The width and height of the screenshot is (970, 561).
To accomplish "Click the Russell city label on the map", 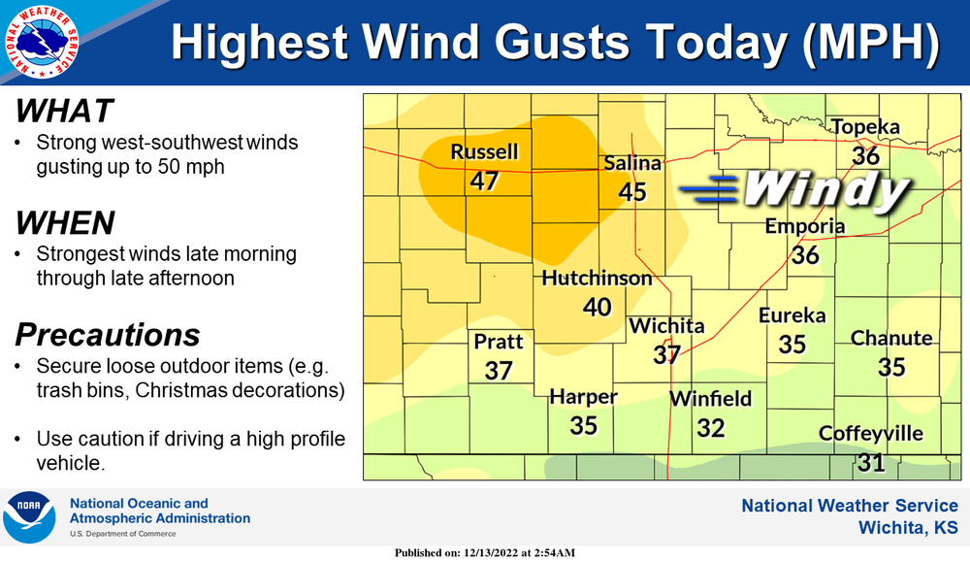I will [x=484, y=152].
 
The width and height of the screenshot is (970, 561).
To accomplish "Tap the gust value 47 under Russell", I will [x=484, y=181].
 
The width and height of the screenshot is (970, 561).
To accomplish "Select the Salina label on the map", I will [x=632, y=163].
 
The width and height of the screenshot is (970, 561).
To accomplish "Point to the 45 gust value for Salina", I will [x=632, y=191].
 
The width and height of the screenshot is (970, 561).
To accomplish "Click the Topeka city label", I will [x=865, y=127].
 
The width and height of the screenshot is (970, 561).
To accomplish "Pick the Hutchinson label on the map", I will [x=597, y=279].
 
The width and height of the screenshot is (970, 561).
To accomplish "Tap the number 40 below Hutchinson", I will [x=597, y=307].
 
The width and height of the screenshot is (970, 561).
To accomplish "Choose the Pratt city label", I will [x=499, y=342].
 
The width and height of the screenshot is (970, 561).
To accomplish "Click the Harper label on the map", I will [x=583, y=397].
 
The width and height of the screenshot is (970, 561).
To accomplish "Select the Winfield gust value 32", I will [x=711, y=427].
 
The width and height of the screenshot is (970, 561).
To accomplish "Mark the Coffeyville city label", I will [x=871, y=434].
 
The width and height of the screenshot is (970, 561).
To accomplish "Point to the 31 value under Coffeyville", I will [x=871, y=462].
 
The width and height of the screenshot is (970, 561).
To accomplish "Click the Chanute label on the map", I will [x=891, y=338].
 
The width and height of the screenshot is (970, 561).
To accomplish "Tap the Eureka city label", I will [x=792, y=315].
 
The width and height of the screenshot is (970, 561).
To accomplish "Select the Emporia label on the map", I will [x=805, y=226].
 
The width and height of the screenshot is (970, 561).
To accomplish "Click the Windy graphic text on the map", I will [x=824, y=189].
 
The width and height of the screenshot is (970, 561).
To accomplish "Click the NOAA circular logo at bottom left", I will [x=29, y=516].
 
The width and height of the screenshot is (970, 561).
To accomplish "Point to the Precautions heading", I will [x=108, y=335].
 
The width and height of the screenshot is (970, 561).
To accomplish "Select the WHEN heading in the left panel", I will [x=65, y=223].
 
